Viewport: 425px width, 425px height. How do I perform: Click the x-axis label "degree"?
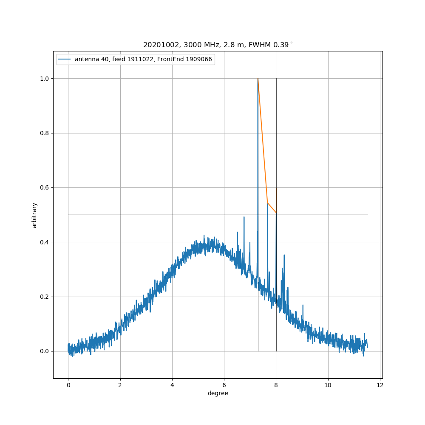point(218,393)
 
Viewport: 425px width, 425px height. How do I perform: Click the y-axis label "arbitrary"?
point(34,215)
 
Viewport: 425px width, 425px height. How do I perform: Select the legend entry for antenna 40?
point(143,59)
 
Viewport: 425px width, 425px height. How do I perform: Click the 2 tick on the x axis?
point(120,385)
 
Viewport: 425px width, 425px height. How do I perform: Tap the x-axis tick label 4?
point(172,385)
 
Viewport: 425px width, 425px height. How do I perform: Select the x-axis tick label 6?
point(224,385)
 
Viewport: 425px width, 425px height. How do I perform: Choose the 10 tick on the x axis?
point(328,385)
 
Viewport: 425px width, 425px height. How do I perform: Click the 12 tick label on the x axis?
point(380,385)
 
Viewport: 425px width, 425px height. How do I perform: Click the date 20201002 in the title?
point(158,45)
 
